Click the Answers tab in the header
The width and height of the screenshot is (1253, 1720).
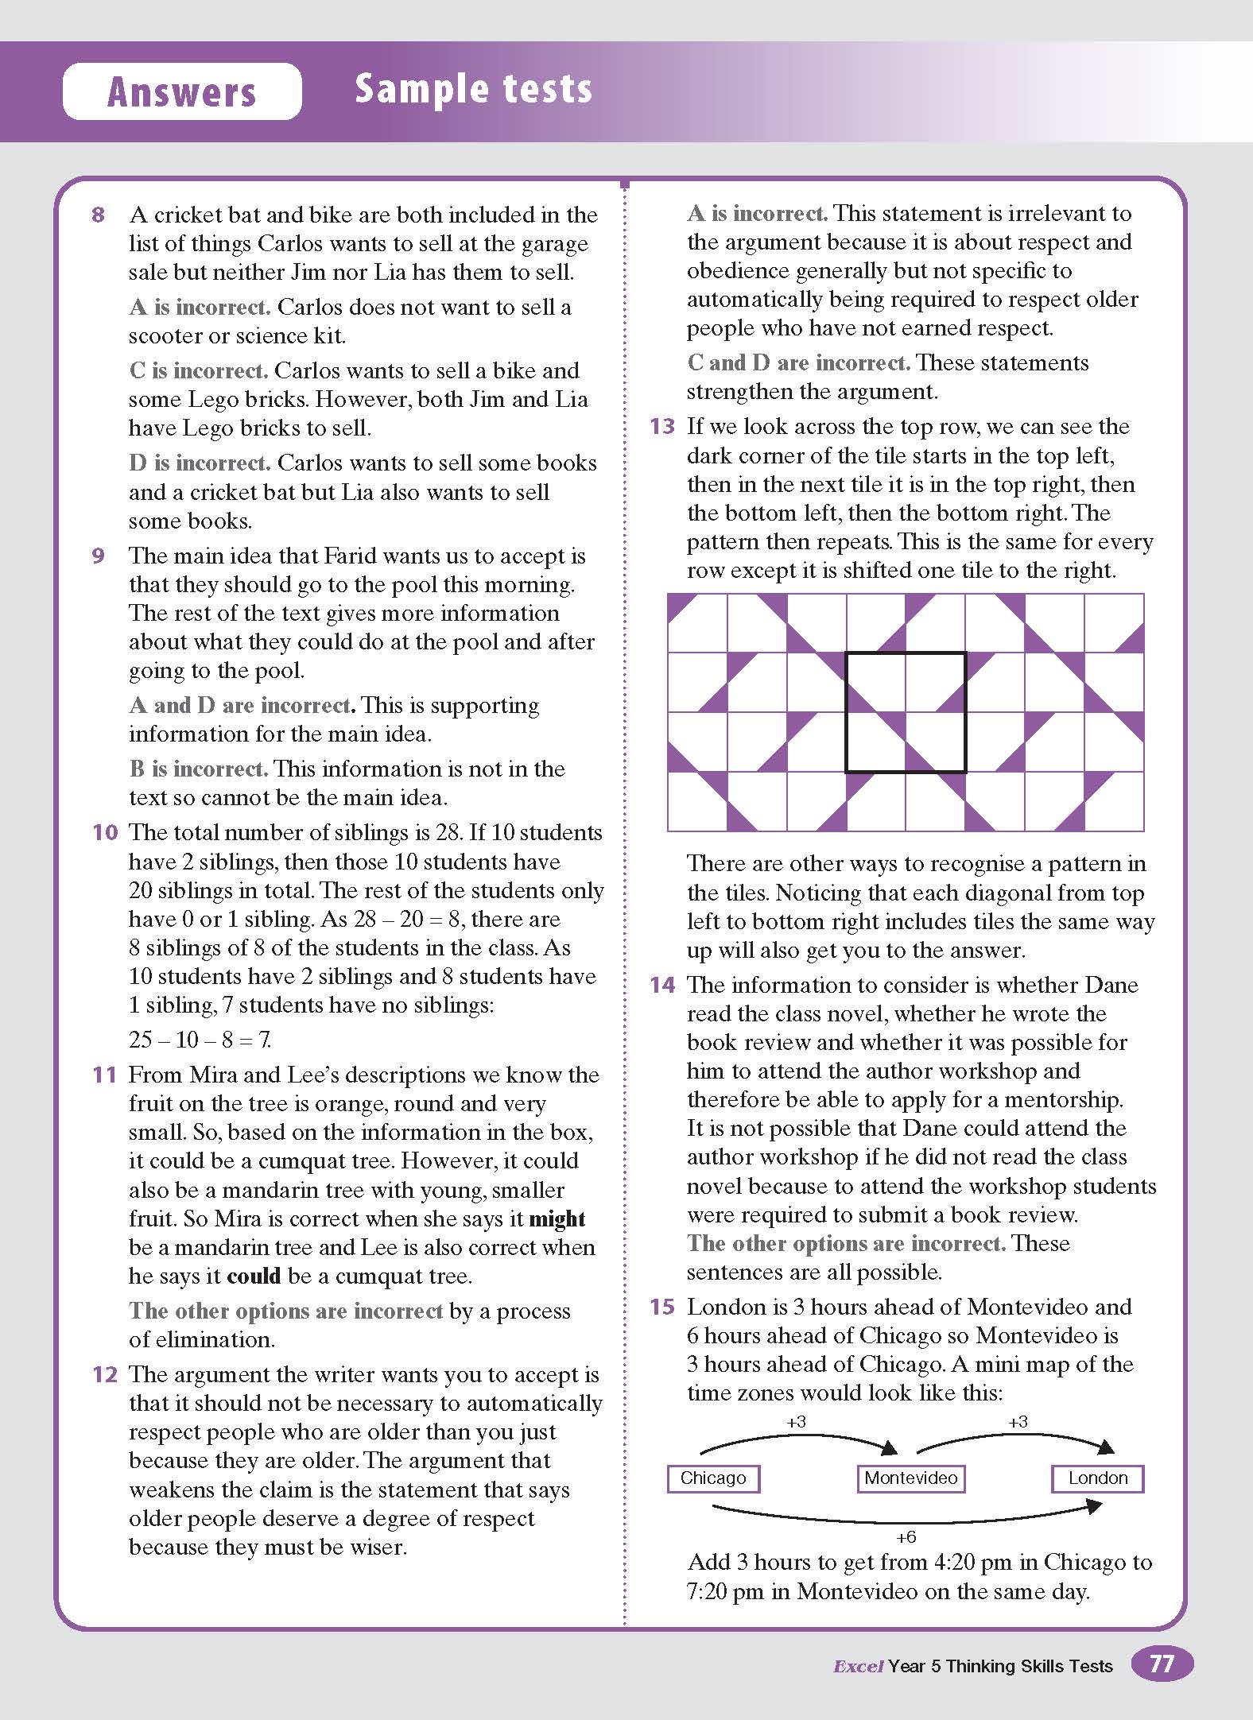pos(181,91)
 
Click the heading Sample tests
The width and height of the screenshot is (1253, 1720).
pos(473,88)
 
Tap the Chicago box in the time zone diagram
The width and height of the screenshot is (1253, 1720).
pos(713,1478)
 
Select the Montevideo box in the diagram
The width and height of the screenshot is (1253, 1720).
pos(910,1478)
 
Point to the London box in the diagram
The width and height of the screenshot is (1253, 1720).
pos(1097,1478)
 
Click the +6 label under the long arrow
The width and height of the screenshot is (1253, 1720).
pos(906,1536)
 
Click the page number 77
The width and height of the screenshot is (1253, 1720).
pos(1162,1664)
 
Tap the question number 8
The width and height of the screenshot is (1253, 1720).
pos(98,215)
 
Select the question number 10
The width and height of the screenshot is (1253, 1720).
pos(104,833)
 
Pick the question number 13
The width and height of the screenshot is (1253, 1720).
pos(661,427)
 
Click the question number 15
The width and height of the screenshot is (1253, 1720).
pos(661,1307)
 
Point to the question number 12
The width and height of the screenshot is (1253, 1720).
pos(104,1375)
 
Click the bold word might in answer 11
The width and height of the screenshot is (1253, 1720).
pos(557,1219)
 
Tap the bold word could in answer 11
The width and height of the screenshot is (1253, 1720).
pos(254,1276)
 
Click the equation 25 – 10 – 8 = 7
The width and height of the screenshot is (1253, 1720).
pos(200,1040)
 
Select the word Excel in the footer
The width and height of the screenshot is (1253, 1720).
pos(858,1666)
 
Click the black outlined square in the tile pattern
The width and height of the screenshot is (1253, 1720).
pos(906,712)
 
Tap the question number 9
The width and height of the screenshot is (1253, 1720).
pos(98,556)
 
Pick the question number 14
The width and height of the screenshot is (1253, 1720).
pos(661,986)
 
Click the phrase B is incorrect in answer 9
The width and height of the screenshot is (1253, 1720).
pos(198,769)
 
